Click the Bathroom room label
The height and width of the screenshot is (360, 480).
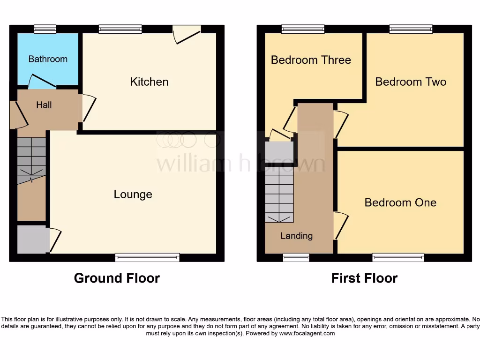pos(48,59)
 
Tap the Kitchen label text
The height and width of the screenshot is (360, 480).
pos(149,82)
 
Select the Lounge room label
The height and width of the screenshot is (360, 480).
pos(133,195)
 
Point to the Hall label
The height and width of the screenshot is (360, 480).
pos(44,105)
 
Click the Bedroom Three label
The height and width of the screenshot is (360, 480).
pos(311,60)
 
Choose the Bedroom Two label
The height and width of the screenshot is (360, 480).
pos(411,82)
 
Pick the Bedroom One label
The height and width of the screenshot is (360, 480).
pos(400,202)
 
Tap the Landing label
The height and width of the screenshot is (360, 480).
pos(296,236)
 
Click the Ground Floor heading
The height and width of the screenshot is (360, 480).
pos(117,278)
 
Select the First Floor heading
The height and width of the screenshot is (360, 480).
pos(364,278)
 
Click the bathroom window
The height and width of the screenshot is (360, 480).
pos(45,29)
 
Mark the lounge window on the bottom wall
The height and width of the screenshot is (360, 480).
pos(147,257)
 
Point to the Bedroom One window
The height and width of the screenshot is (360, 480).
pos(398,257)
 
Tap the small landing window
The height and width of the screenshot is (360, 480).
pos(296,257)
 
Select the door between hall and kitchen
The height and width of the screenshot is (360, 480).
pos(88,108)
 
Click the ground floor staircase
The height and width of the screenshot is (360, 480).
pos(32,159)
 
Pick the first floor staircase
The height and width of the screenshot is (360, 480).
pos(279,194)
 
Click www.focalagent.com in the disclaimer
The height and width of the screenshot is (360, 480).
pos(307,334)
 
